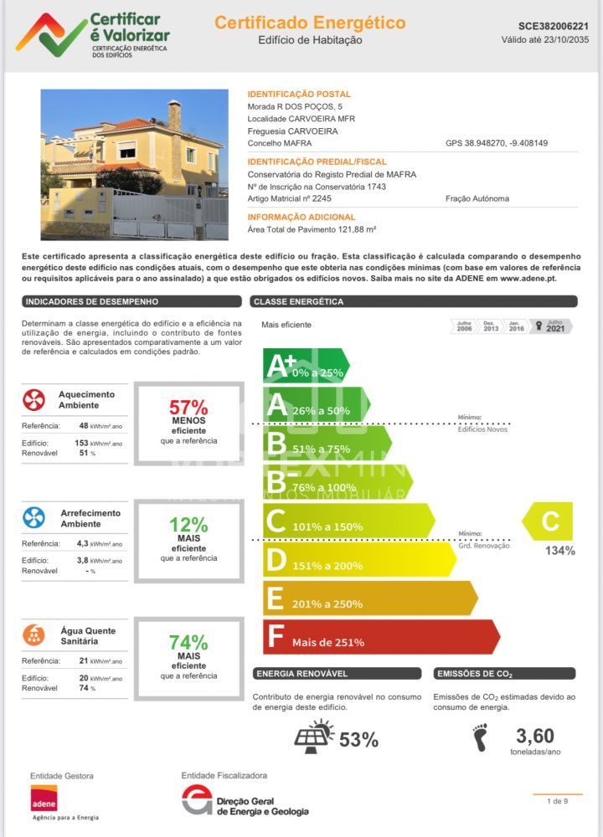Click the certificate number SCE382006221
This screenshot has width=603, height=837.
pyautogui.click(x=547, y=26)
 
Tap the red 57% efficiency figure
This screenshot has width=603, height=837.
pyautogui.click(x=188, y=408)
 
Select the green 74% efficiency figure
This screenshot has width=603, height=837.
pyautogui.click(x=188, y=643)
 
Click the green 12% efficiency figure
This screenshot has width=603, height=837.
pyautogui.click(x=188, y=526)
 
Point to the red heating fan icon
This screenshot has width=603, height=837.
pyautogui.click(x=33, y=400)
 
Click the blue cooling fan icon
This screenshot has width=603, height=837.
pyautogui.click(x=33, y=517)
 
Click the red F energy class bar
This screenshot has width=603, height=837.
pyautogui.click(x=381, y=637)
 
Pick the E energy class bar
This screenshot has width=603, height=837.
pyautogui.click(x=368, y=598)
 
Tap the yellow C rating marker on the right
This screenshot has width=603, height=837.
pyautogui.click(x=549, y=521)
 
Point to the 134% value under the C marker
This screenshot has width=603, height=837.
pyautogui.click(x=559, y=551)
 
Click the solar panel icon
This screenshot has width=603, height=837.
pyautogui.click(x=314, y=737)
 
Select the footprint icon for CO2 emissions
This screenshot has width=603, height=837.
pyautogui.click(x=480, y=737)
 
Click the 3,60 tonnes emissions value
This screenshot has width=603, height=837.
pyautogui.click(x=534, y=737)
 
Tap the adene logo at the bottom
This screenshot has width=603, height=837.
pyautogui.click(x=44, y=798)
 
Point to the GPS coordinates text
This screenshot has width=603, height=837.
pyautogui.click(x=496, y=143)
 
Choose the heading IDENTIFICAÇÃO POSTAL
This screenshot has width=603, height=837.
pyautogui.click(x=299, y=95)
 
